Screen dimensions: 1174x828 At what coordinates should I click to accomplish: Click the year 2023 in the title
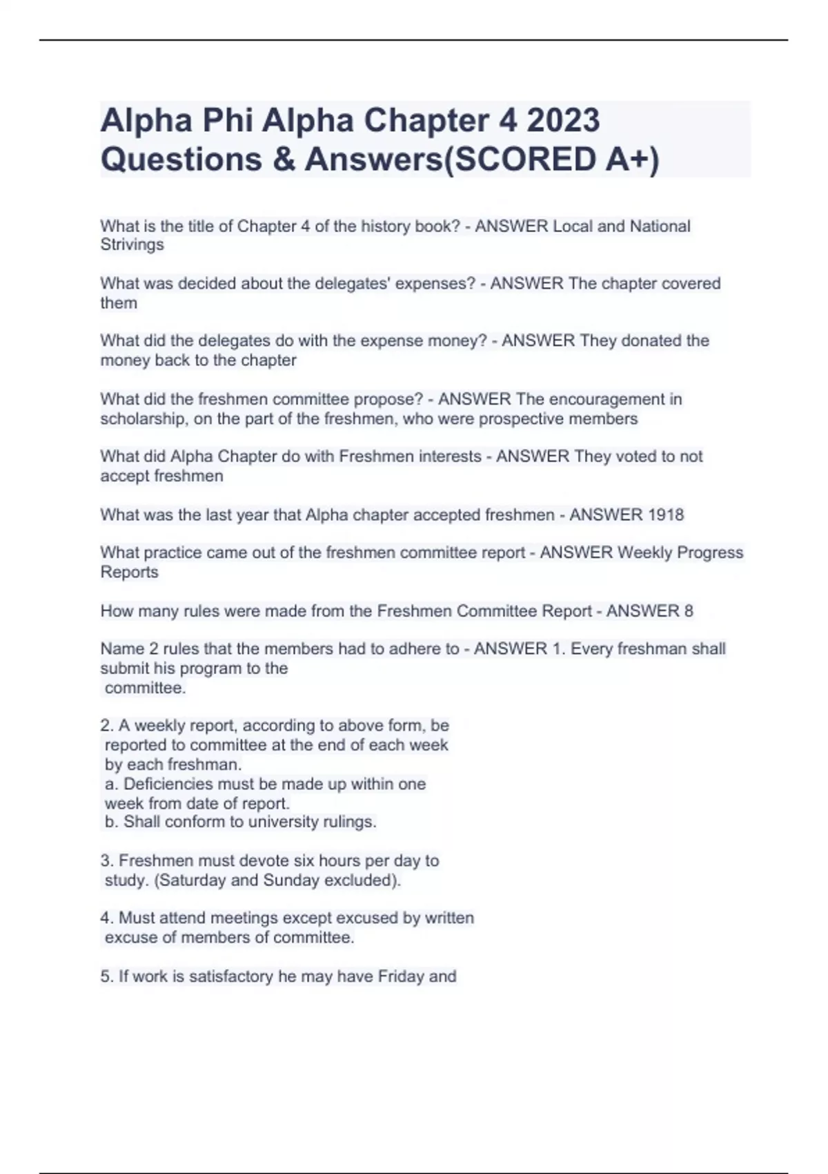click(x=563, y=121)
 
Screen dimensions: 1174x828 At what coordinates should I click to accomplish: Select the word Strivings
click(x=132, y=245)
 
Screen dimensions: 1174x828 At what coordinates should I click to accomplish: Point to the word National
click(x=660, y=227)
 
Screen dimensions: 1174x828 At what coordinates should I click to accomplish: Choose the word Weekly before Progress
click(x=644, y=552)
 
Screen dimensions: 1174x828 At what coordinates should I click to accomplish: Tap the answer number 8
click(x=688, y=611)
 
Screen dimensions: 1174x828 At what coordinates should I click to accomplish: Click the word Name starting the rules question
click(x=122, y=649)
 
